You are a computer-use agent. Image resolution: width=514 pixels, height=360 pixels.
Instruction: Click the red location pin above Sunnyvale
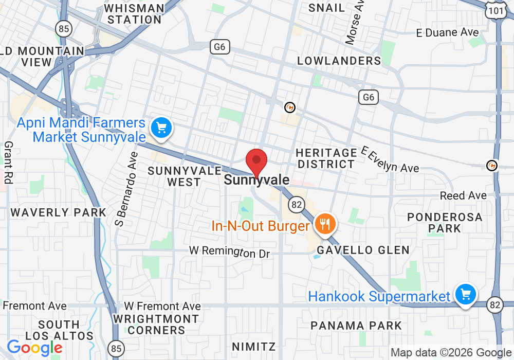(x=256, y=161)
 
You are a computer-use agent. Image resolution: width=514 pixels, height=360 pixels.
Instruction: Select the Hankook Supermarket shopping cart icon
(x=465, y=295)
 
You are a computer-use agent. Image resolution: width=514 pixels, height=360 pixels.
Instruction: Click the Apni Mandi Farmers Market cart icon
(x=162, y=128)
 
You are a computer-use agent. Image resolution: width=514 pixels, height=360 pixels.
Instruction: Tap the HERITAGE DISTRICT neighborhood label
(x=326, y=158)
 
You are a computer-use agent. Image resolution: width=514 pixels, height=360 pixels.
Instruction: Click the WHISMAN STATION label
(x=134, y=14)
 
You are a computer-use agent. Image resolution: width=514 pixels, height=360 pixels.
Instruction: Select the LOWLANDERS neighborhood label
(x=339, y=61)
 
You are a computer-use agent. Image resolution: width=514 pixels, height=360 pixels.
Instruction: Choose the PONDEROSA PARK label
(x=445, y=223)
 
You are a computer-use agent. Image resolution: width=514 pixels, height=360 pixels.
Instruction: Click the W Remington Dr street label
(x=229, y=251)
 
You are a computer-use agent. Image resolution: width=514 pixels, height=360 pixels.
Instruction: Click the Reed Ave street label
(x=463, y=195)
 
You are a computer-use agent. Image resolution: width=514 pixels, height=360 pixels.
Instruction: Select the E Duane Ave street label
(x=447, y=32)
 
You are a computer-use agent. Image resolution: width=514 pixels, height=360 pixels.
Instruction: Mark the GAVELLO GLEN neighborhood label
(x=363, y=250)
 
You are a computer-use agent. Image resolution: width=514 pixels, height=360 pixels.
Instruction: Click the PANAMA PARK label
(x=356, y=326)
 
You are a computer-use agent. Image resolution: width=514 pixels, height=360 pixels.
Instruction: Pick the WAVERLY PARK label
(x=59, y=212)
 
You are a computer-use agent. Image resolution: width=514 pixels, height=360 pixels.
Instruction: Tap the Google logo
(x=34, y=348)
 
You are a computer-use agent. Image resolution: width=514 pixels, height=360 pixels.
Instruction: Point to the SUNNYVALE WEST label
(x=185, y=176)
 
